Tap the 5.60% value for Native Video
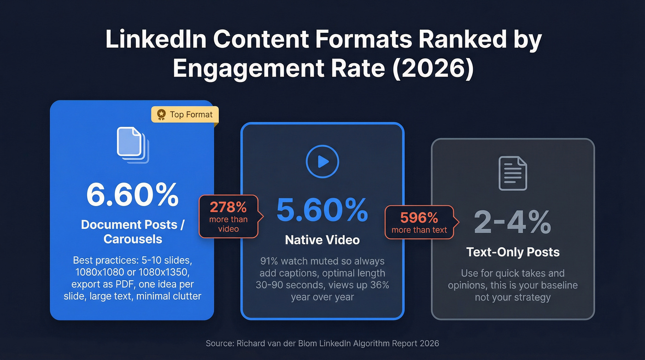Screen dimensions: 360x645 (322, 210)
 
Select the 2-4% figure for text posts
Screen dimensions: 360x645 (512, 223)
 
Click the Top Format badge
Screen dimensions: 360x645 (185, 114)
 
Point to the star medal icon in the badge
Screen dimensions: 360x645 (161, 114)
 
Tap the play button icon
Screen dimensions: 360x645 (322, 161)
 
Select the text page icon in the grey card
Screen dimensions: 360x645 (513, 173)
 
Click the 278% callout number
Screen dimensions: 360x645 (229, 207)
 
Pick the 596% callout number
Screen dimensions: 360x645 (419, 217)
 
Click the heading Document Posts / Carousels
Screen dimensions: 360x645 (132, 231)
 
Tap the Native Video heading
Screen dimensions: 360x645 (322, 240)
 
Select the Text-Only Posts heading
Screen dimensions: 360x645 (513, 252)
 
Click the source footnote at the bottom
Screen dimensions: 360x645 (322, 343)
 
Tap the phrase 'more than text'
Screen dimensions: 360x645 (419, 230)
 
